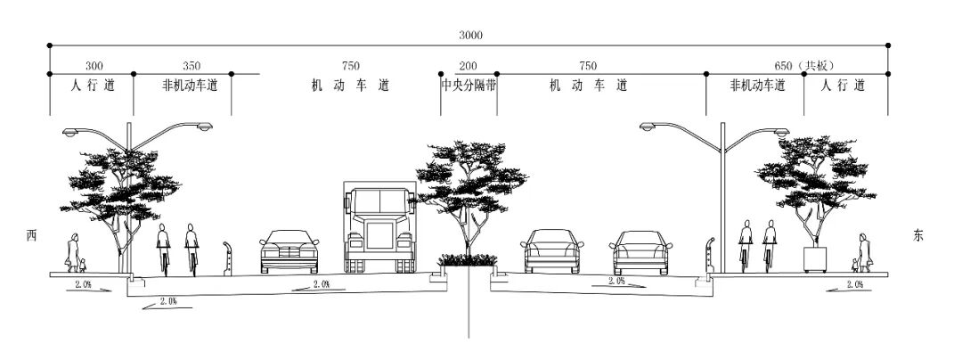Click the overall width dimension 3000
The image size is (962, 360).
(x=470, y=35)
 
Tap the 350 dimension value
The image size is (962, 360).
(x=191, y=65)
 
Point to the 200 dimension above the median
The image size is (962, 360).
(x=468, y=65)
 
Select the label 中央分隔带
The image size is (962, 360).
(x=469, y=86)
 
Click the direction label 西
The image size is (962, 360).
(x=31, y=235)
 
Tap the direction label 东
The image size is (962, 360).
(x=918, y=235)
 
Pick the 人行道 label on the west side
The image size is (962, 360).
(x=92, y=86)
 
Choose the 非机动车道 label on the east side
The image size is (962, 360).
(x=757, y=86)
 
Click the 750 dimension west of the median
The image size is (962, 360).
(x=350, y=65)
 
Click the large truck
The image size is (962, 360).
(x=379, y=227)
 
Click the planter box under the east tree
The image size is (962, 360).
(x=816, y=259)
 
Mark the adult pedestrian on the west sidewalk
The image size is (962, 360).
(x=74, y=251)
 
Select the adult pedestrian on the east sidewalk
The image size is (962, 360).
(x=863, y=250)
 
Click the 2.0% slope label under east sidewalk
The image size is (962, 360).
(x=854, y=284)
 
